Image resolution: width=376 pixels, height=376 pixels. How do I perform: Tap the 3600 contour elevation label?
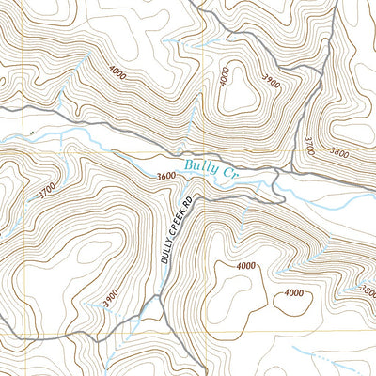[166, 176]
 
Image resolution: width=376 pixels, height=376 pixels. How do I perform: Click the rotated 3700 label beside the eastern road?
[307, 147]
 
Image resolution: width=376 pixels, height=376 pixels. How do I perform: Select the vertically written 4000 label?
[224, 77]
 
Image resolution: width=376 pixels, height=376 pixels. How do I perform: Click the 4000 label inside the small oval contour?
[294, 293]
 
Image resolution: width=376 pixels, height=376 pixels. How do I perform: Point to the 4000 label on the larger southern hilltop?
[244, 266]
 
